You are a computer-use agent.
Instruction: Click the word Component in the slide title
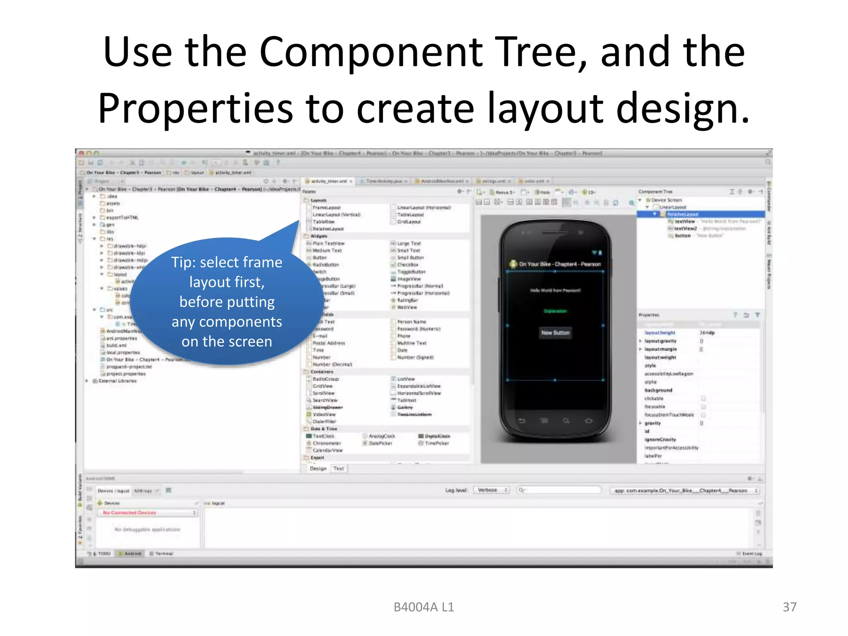[x=371, y=53]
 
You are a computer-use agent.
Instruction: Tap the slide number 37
[x=789, y=607]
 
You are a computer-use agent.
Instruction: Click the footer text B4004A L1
[x=424, y=607]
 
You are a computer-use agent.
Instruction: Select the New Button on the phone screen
[x=555, y=332]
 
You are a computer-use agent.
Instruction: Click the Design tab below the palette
[x=318, y=469]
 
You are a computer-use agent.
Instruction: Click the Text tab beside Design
[x=339, y=469]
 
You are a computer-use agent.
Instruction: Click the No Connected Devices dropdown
[x=147, y=513]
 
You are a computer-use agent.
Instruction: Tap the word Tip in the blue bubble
[x=182, y=263]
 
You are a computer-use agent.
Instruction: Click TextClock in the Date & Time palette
[x=323, y=436]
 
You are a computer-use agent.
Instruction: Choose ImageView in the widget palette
[x=409, y=279]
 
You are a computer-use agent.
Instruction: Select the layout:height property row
[x=660, y=332]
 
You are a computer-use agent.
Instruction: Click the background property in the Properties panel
[x=658, y=390]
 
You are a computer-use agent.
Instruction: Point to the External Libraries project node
[x=117, y=381]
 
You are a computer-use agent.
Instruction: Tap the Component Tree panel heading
[x=655, y=192]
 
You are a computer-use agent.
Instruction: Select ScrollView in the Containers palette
[x=323, y=393]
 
